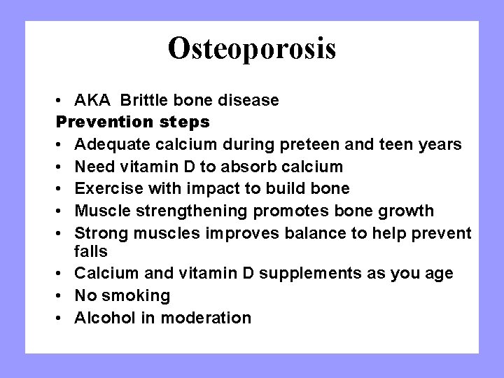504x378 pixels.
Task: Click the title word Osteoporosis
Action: coord(252,48)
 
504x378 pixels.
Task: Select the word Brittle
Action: coord(155,100)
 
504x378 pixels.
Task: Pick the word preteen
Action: coord(303,144)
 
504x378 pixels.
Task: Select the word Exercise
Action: coord(106,188)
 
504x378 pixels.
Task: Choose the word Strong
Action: coord(100,232)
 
